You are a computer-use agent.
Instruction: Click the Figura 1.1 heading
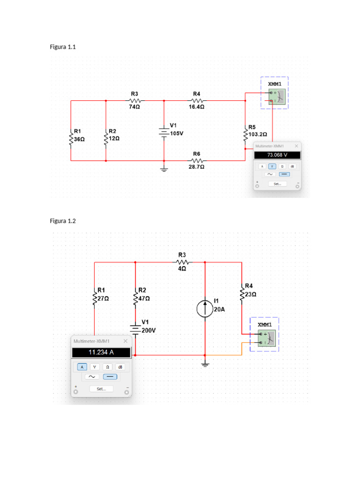click(x=63, y=47)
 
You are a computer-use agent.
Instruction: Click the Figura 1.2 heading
click(x=63, y=221)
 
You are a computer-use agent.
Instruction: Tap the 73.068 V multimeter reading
click(x=277, y=155)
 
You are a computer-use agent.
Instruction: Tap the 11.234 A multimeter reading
click(x=101, y=352)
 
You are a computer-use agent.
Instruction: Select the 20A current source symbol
click(x=205, y=308)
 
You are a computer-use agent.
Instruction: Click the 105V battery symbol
click(x=164, y=133)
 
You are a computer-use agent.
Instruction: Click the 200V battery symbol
click(x=135, y=330)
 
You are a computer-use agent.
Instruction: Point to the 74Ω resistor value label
click(x=135, y=107)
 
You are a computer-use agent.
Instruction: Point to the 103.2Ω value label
click(x=258, y=135)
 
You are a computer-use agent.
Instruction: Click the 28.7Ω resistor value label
click(x=196, y=167)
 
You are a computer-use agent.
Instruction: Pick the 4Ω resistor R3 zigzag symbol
click(x=183, y=262)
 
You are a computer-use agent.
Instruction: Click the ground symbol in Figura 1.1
click(x=164, y=169)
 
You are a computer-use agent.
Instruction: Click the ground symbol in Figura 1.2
click(x=205, y=364)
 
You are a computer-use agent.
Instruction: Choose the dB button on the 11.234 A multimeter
click(x=120, y=367)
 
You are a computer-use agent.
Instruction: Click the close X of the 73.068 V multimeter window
click(x=296, y=146)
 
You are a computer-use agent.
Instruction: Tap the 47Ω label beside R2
click(x=144, y=299)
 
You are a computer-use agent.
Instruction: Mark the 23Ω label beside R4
click(x=251, y=294)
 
